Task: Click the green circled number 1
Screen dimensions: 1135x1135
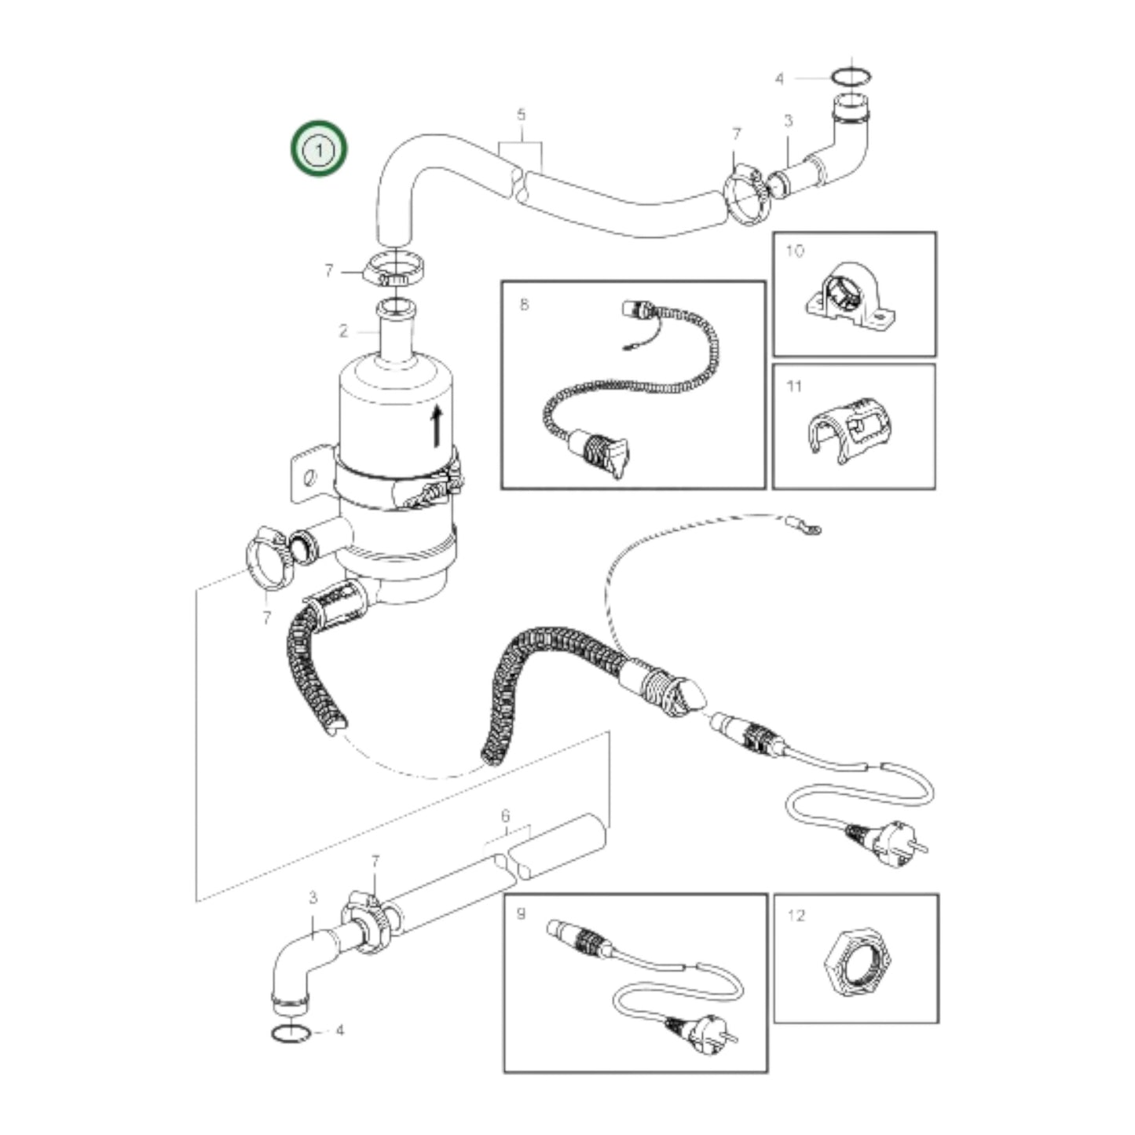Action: pos(319,148)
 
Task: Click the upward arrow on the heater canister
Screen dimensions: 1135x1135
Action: pos(437,427)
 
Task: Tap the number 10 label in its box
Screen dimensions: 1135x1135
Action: pos(795,251)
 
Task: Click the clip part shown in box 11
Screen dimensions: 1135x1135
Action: pos(851,429)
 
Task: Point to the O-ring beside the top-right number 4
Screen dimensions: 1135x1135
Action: pos(851,77)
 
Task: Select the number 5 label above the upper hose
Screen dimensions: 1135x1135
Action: pos(521,115)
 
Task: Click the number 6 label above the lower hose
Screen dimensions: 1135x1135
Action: pos(505,817)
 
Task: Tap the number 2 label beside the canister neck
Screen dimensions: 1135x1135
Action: pos(343,331)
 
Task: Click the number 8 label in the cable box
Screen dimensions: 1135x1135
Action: pos(524,305)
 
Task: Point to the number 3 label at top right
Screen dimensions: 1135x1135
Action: pos(788,121)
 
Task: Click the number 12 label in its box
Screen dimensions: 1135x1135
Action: pos(796,915)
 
